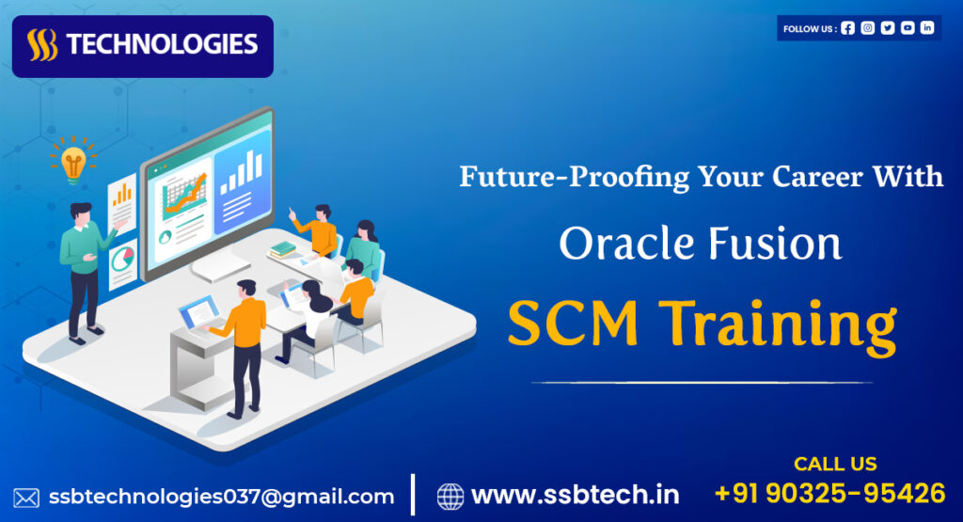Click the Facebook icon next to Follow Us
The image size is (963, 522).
[x=848, y=28]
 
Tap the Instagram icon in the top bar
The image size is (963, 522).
[x=868, y=28]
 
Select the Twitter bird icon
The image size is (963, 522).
[x=888, y=28]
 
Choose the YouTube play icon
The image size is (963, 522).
[x=908, y=28]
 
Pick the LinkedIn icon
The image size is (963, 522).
[x=927, y=28]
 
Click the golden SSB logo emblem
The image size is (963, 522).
[x=41, y=45]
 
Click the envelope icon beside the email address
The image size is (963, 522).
[x=26, y=497]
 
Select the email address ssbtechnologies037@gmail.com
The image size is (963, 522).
[x=221, y=497]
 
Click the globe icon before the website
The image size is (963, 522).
[x=450, y=496]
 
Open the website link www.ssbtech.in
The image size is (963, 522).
[x=575, y=495]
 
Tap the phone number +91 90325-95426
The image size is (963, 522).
[x=829, y=493]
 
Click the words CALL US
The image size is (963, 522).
[x=835, y=464]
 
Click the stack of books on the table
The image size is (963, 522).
[x=282, y=249]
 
